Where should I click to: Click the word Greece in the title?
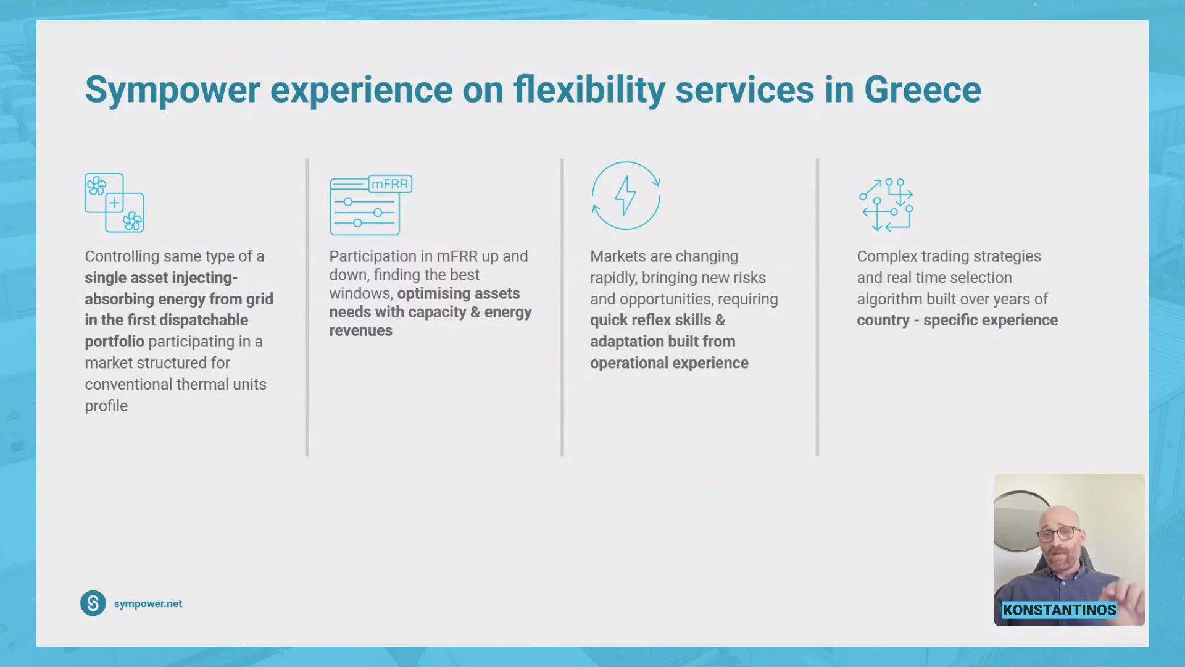pyautogui.click(x=923, y=90)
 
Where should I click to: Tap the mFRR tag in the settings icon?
pyautogui.click(x=390, y=184)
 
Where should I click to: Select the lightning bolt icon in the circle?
pyautogui.click(x=626, y=195)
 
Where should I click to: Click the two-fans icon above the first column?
pyautogui.click(x=114, y=203)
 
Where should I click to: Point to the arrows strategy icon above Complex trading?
pyautogui.click(x=886, y=204)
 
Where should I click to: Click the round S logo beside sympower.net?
pyautogui.click(x=93, y=603)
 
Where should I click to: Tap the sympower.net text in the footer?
pyautogui.click(x=148, y=603)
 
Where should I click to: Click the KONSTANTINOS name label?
pyautogui.click(x=1059, y=610)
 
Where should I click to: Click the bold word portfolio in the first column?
pyautogui.click(x=114, y=342)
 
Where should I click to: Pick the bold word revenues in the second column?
pyautogui.click(x=360, y=330)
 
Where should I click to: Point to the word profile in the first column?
pyautogui.click(x=106, y=406)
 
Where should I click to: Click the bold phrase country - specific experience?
pyautogui.click(x=957, y=321)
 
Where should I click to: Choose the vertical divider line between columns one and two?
pyautogui.click(x=307, y=308)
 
